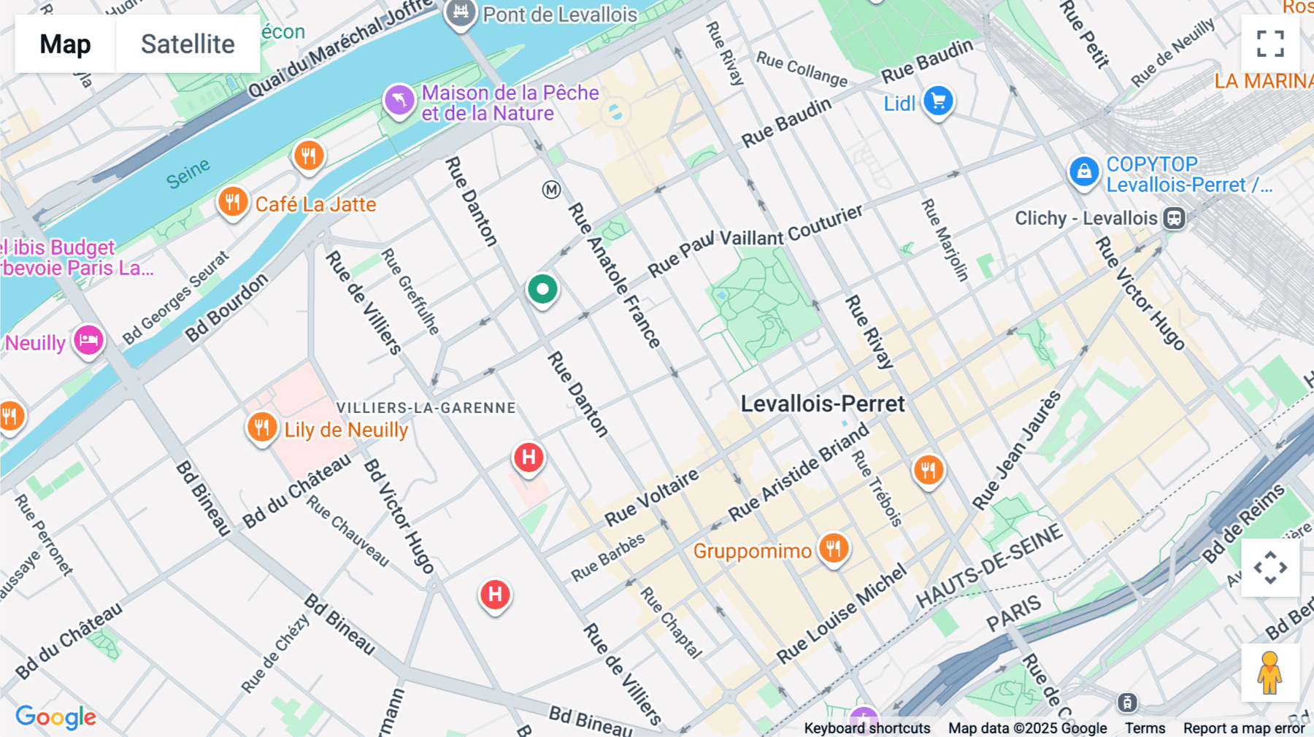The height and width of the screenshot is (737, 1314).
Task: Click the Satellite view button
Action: tap(188, 44)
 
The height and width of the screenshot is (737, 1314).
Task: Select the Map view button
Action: tap(65, 44)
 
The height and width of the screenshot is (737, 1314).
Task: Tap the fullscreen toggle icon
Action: tap(1270, 43)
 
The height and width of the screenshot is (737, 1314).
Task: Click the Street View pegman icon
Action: tap(1269, 673)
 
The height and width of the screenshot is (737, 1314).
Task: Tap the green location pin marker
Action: tap(542, 289)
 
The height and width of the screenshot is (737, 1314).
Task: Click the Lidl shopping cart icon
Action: tap(938, 101)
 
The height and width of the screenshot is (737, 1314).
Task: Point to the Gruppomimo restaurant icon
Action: tap(833, 548)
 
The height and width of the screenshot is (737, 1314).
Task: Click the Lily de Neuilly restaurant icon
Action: tap(261, 427)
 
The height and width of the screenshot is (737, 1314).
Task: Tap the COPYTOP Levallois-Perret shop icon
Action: tap(1083, 171)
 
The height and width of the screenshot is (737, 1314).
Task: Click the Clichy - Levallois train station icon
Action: tap(1174, 218)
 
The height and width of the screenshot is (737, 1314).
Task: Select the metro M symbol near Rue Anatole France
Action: tap(551, 190)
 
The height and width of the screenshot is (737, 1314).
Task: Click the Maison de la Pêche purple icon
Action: tap(399, 100)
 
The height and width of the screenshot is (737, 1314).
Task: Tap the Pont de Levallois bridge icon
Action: tap(461, 12)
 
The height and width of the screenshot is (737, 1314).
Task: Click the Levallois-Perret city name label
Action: tap(823, 404)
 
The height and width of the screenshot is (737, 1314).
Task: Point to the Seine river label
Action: tap(188, 174)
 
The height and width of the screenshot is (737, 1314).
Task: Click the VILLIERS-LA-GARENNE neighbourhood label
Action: tap(426, 408)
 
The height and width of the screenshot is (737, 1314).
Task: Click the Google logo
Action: tap(55, 717)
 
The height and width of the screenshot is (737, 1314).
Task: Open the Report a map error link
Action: tap(1243, 728)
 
